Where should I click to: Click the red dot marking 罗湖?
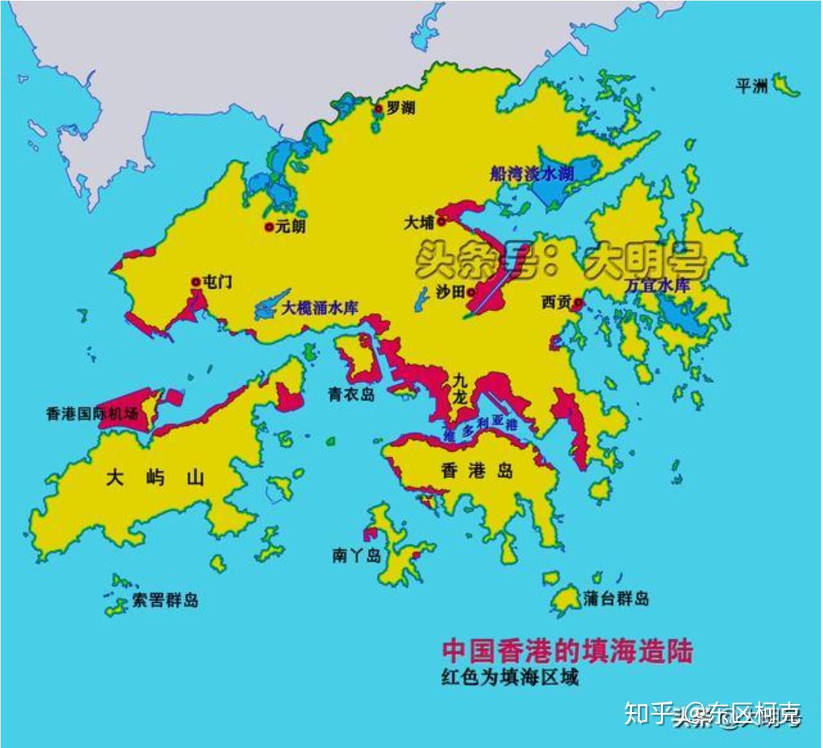pos(379,109)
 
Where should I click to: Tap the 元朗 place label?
pos(290,226)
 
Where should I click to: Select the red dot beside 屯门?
pos(195,281)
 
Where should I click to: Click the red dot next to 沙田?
pos(471,292)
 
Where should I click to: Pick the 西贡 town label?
pos(556,302)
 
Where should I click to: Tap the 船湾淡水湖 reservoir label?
pos(532,173)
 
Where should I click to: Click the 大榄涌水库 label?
pos(320,308)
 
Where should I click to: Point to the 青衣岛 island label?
pos(352,394)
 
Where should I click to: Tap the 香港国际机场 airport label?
pos(92,413)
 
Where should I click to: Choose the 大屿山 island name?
pos(156,478)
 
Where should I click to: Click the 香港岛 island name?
pos(478,471)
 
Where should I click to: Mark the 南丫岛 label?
pos(356,554)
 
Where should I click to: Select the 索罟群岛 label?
pos(165,600)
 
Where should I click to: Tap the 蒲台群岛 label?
pos(616,599)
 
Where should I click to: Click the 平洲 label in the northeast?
pos(752,86)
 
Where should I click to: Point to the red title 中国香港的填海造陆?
pos(567,651)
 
